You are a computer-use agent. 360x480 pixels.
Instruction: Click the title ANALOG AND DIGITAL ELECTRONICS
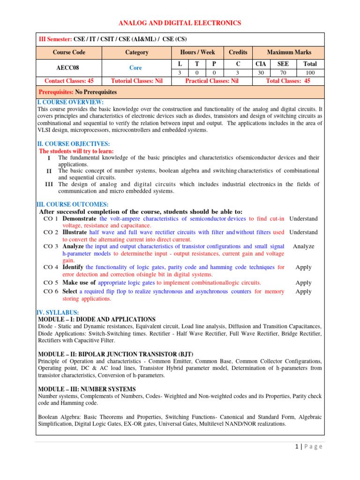[180, 22]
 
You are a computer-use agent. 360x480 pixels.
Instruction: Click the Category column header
[136, 52]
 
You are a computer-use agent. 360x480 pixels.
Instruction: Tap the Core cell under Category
[136, 67]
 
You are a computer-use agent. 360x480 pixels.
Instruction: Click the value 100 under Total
[310, 73]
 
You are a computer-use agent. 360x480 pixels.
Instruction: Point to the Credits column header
[238, 52]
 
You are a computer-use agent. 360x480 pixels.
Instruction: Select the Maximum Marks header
[289, 52]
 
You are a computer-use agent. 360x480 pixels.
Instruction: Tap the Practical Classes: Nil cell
[212, 81]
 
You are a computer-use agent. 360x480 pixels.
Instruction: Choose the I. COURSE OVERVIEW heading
[70, 102]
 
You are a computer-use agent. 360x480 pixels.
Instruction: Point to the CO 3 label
[50, 246]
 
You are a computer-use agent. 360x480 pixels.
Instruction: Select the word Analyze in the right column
[303, 246]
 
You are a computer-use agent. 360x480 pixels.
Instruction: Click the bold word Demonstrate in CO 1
[80, 218]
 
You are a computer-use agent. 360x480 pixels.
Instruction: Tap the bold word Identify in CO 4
[74, 267]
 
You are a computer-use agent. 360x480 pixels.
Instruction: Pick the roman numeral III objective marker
[49, 184]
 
